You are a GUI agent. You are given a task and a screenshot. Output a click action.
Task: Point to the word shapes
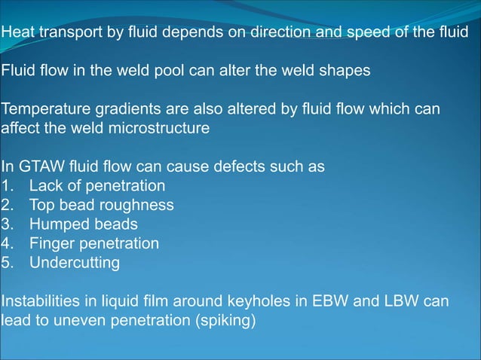point(347,71)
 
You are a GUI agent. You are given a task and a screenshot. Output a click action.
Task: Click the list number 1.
point(7,186)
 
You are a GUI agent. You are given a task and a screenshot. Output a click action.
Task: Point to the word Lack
point(47,186)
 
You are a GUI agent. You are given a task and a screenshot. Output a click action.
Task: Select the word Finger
point(51,243)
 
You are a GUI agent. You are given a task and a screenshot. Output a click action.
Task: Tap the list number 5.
point(7,263)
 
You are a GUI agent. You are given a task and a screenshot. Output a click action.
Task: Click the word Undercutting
point(75,263)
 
